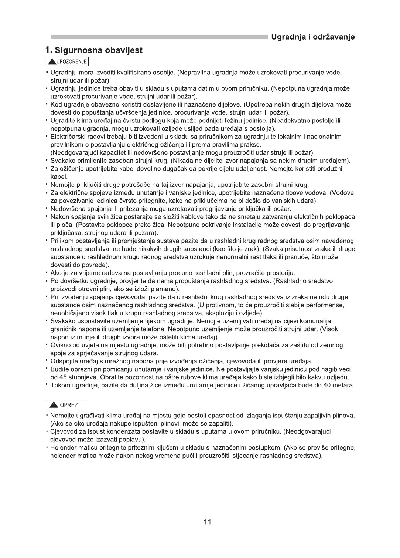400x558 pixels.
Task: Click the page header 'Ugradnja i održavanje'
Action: point(313,37)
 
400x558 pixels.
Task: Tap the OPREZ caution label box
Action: point(66,405)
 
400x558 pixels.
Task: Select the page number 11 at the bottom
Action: point(207,522)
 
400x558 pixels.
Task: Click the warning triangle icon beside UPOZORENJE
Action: point(49,61)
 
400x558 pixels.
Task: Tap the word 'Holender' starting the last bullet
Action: point(62,447)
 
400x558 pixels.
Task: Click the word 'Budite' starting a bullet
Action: point(59,369)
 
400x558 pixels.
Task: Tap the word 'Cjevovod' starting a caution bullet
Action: point(63,431)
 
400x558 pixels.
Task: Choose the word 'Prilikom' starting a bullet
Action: point(62,241)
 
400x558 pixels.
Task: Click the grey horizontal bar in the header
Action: point(159,37)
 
